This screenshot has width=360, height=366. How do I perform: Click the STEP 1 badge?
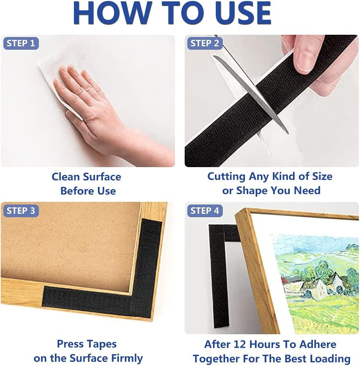(21, 43)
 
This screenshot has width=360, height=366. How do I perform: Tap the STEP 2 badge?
(205, 43)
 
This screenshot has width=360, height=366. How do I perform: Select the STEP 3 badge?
(21, 211)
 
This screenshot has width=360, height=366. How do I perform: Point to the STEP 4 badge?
(205, 211)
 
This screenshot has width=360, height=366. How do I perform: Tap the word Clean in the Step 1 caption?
(65, 177)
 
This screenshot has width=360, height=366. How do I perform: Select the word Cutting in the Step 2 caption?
(226, 177)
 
